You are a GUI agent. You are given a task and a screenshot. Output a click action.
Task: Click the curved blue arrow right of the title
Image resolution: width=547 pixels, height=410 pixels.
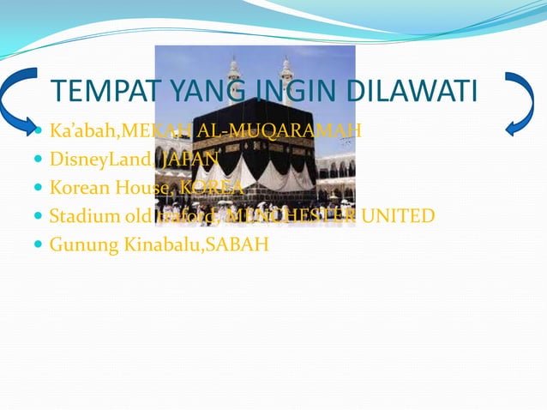(x=520, y=103)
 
